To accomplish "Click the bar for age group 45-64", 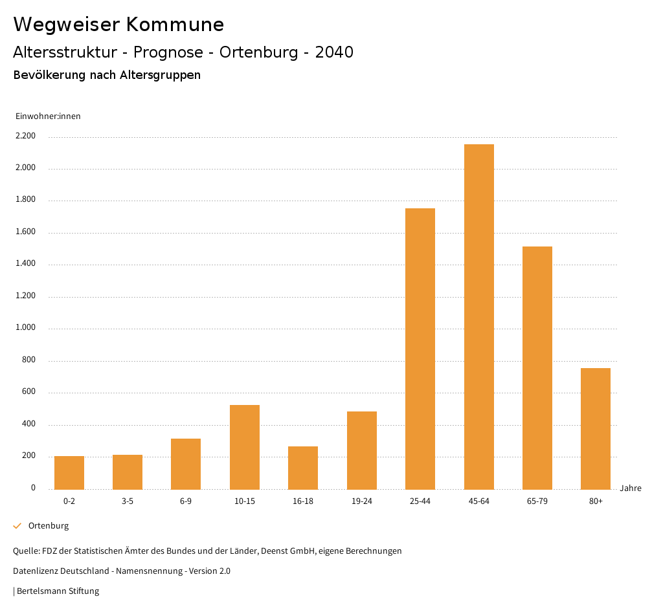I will pos(478,316).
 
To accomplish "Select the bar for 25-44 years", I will pos(420,349).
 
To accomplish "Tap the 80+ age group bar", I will pos(596,428).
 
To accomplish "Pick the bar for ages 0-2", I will pos(69,472).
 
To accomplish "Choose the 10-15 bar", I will pos(245,447).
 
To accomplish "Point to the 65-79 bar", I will pos(537,367).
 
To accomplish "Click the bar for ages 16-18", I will pos(303,468).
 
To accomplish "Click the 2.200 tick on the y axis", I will pos(25,137).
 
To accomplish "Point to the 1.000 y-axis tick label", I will pos(25,328).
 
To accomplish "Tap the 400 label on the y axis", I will pos(29,424).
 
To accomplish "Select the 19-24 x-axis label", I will pos(362,501).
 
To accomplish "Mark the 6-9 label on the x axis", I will pos(186,501).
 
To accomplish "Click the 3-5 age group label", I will pos(128,501).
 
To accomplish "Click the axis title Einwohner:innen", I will pos(48,116).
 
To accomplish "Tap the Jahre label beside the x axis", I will pos(631,488).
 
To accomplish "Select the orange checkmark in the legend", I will pos(17,526).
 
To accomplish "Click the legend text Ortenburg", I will pos(49,526).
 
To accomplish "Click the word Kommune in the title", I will pos(175,25).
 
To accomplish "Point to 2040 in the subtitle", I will pos(334,52).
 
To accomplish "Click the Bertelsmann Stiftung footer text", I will pos(58,591).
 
